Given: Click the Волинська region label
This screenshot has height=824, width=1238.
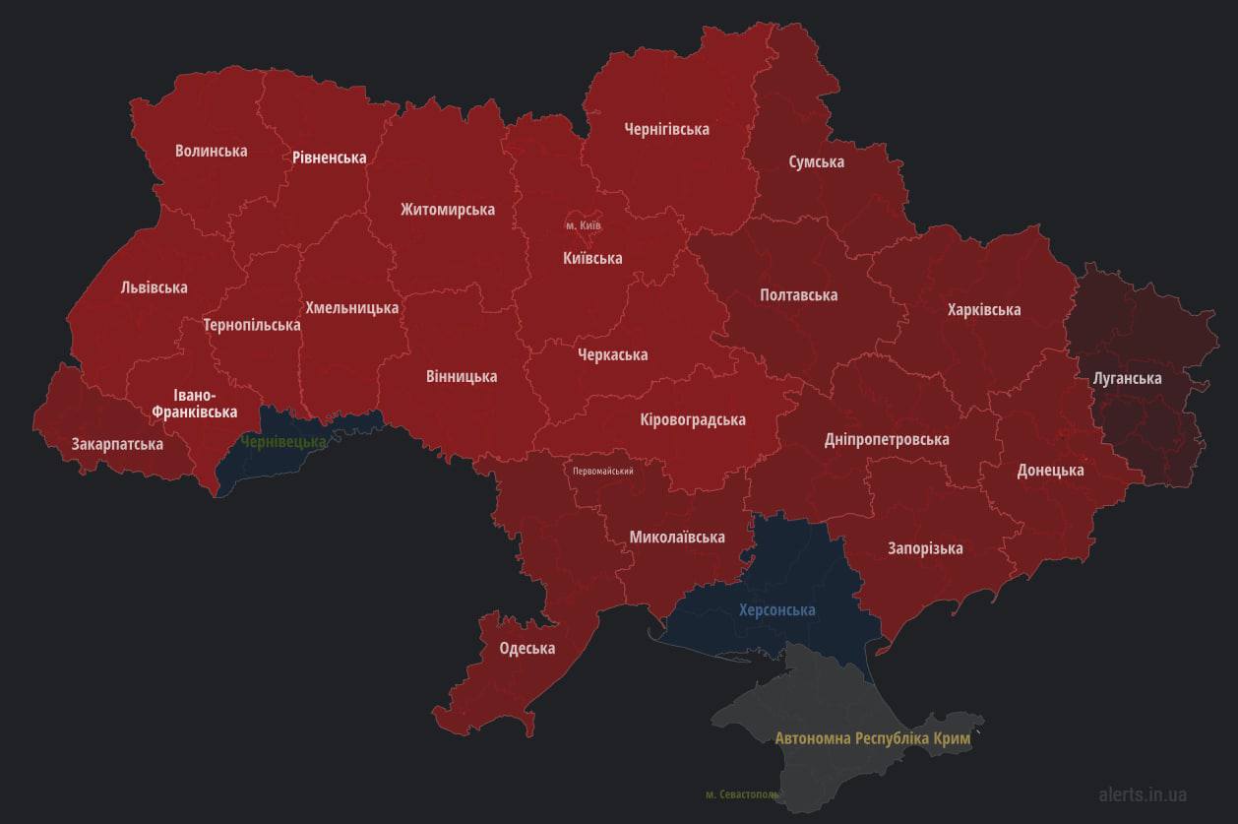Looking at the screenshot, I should pyautogui.click(x=211, y=151).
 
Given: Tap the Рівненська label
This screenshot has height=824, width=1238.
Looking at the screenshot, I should pyautogui.click(x=329, y=158).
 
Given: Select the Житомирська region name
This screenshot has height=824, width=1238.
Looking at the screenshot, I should pyautogui.click(x=447, y=209).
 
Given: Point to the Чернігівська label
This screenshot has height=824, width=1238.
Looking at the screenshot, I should pyautogui.click(x=666, y=129).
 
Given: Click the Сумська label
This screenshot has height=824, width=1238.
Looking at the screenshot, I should pyautogui.click(x=816, y=161).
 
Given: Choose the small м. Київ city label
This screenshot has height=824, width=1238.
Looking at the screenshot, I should pyautogui.click(x=583, y=225).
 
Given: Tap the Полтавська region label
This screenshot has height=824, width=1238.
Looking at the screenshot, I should pyautogui.click(x=798, y=294).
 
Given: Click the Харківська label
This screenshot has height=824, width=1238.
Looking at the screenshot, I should pyautogui.click(x=983, y=309).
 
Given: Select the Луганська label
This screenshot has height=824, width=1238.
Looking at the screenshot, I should pyautogui.click(x=1127, y=378).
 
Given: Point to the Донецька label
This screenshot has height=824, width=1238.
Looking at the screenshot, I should pyautogui.click(x=1050, y=470).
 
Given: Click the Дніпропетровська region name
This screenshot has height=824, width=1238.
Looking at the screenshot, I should pyautogui.click(x=886, y=439).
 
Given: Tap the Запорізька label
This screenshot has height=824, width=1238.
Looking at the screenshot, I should pyautogui.click(x=924, y=547).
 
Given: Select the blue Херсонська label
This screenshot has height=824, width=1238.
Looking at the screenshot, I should pyautogui.click(x=776, y=609).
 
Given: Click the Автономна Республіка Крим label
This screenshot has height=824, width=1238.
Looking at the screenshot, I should pyautogui.click(x=872, y=737).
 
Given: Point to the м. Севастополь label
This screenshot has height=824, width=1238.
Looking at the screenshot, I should pyautogui.click(x=742, y=793).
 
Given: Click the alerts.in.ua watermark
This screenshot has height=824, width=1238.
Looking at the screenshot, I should pyautogui.click(x=1142, y=793).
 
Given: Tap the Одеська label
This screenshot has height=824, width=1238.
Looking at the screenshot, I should pyautogui.click(x=526, y=648).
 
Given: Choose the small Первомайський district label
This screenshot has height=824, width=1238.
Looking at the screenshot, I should pyautogui.click(x=602, y=471).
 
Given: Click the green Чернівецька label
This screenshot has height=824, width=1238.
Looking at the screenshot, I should pyautogui.click(x=283, y=442).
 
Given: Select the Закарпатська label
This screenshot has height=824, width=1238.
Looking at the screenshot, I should pyautogui.click(x=117, y=444).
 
